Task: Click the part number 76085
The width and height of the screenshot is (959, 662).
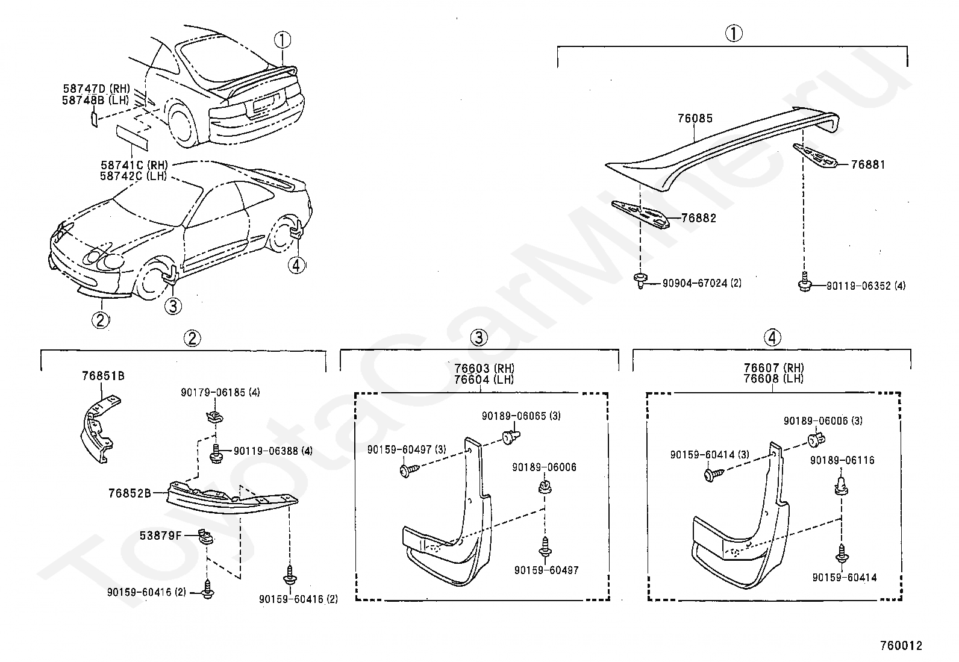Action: [x=695, y=119]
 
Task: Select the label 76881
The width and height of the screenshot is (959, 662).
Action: [x=868, y=164]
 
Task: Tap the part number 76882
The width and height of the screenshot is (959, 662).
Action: [x=699, y=219]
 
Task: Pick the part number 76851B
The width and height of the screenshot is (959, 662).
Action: [x=103, y=376]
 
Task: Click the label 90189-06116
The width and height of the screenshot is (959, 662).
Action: [x=842, y=461]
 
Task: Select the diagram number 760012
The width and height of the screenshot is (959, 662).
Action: [x=901, y=646]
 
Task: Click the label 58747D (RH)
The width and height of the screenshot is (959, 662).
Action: [x=96, y=89]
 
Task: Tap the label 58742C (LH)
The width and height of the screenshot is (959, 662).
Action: [x=134, y=176]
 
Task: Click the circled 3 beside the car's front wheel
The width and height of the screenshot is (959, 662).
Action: [x=172, y=306]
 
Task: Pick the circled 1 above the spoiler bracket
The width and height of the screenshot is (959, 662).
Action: [x=733, y=34]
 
